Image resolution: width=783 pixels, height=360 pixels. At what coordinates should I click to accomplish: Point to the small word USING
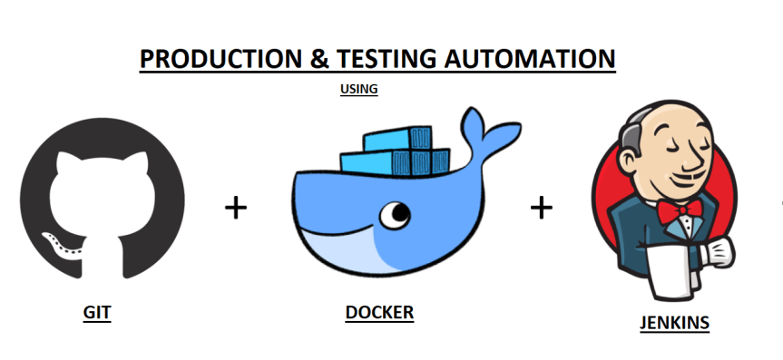coord(358,89)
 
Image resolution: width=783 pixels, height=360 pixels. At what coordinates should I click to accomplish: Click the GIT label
coord(97,313)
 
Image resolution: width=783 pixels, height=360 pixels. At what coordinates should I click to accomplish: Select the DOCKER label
coord(379,313)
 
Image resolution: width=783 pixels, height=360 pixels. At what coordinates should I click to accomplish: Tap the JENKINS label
coord(674,322)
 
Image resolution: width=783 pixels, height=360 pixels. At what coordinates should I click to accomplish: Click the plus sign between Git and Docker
coord(236,208)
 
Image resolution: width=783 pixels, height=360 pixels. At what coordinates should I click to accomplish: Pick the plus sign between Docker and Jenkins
coord(542,208)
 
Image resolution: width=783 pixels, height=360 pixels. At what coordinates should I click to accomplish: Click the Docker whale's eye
coord(395,215)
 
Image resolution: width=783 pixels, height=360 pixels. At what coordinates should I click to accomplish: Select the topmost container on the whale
coord(392,138)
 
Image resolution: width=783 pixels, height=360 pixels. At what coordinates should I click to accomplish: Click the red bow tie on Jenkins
coord(680,211)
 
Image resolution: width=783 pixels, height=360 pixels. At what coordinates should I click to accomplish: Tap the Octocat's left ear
coord(66,164)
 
